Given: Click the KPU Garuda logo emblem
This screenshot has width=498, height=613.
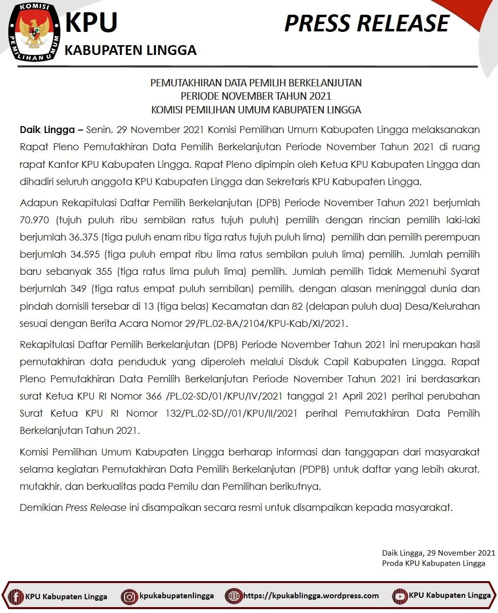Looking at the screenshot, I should [x=34, y=33].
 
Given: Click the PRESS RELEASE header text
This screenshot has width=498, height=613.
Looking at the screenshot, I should [x=367, y=24].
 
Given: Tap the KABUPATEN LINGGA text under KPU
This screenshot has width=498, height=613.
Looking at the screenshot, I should [x=131, y=50].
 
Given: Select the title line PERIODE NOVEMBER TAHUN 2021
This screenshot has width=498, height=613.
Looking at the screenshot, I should [x=256, y=96].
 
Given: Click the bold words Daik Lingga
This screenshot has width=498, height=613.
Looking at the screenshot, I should [x=48, y=130].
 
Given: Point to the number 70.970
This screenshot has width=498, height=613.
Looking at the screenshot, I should [x=34, y=220].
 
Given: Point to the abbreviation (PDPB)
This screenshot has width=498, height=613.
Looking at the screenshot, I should [x=314, y=469].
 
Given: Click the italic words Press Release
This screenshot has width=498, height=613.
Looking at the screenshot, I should [x=96, y=507].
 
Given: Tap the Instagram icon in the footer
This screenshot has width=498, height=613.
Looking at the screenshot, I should [x=130, y=596].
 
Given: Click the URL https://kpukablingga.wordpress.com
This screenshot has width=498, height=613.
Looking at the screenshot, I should [x=311, y=596].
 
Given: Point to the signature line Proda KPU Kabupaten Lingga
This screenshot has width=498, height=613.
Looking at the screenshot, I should [x=434, y=563].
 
